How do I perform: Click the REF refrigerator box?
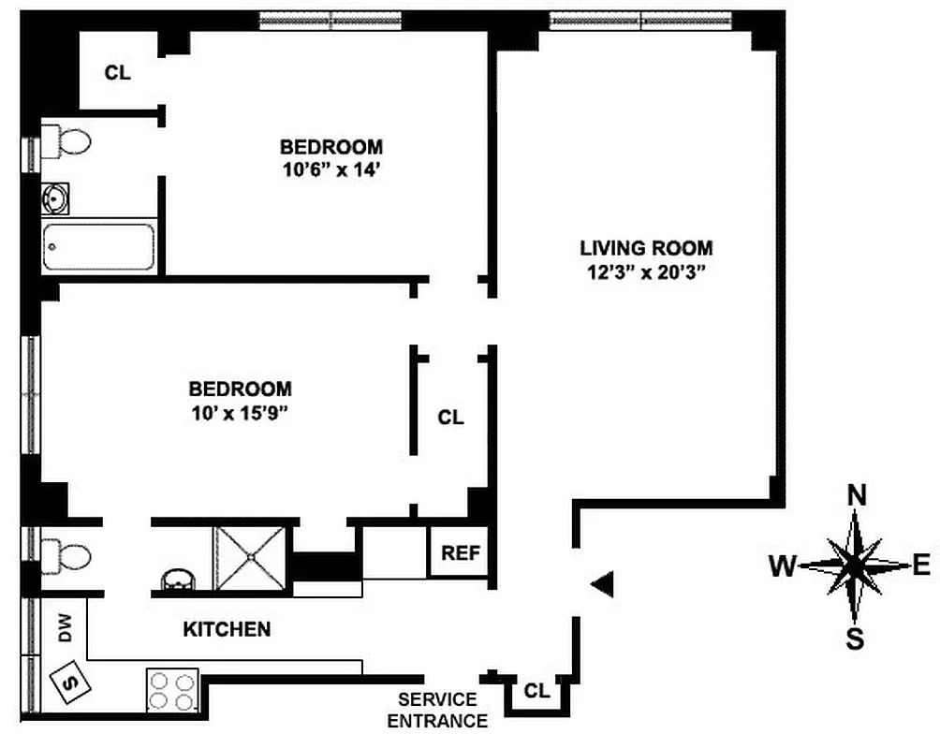[x=460, y=552]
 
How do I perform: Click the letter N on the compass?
[x=855, y=494]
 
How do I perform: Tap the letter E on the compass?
[x=921, y=565]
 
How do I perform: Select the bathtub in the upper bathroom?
[x=98, y=247]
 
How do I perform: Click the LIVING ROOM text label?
[x=646, y=248]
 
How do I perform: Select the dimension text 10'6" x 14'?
[x=331, y=172]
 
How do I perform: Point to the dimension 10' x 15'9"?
[x=240, y=413]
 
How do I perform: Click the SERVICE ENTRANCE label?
[x=437, y=711]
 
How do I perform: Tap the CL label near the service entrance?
[x=536, y=691]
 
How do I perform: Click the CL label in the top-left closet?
[x=117, y=73]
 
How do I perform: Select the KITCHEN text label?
[x=227, y=629]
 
